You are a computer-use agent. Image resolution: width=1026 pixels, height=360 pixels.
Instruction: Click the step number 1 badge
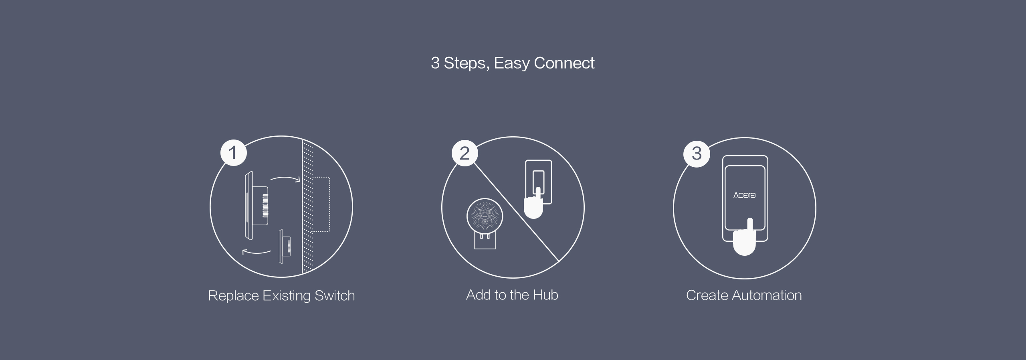(x=233, y=153)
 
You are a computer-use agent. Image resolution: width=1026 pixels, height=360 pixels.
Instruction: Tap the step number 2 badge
(x=465, y=153)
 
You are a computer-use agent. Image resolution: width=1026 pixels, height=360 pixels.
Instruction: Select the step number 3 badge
(x=697, y=154)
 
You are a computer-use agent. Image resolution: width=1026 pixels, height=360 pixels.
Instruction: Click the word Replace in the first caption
(x=233, y=296)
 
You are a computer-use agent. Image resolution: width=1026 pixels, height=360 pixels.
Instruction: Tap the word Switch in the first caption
(x=335, y=295)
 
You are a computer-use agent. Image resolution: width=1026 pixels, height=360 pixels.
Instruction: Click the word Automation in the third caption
(x=767, y=295)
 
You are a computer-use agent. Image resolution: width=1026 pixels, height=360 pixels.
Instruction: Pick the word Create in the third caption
(x=707, y=295)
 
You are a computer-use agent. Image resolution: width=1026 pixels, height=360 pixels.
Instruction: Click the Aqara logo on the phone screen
(x=744, y=195)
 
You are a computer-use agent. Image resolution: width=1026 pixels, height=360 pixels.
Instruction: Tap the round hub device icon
(x=485, y=216)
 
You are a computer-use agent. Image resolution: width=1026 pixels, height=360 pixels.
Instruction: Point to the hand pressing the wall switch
(x=533, y=204)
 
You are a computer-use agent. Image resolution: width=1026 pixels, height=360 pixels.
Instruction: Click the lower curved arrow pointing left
(x=256, y=252)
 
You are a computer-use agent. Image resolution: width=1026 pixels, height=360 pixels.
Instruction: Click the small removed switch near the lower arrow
(x=285, y=246)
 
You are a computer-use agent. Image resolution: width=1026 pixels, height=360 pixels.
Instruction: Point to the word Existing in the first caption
(x=287, y=296)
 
